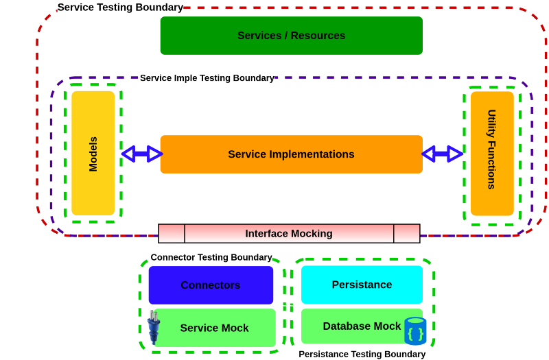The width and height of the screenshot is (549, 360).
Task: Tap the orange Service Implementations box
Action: coord(291,154)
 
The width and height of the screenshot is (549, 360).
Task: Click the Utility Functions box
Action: coord(491,153)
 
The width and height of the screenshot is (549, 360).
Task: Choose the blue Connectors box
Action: coord(211,285)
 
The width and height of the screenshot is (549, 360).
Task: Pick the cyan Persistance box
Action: coord(362,285)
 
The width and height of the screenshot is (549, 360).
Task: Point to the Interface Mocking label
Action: coord(289,234)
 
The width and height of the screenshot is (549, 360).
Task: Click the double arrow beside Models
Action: coord(141,154)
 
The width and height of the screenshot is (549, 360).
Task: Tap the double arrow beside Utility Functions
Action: coord(442,154)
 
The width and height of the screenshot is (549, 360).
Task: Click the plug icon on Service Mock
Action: coord(152,326)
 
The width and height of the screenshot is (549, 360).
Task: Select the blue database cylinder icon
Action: coord(415,331)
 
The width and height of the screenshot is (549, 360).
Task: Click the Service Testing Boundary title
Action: coord(120,8)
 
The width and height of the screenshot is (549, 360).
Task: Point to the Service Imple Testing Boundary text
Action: coord(207,78)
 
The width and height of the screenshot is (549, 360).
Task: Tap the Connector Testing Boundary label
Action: coord(211,257)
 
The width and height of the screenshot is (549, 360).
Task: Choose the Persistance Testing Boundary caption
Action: coord(362,354)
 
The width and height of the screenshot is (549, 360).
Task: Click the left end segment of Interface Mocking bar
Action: coord(172,234)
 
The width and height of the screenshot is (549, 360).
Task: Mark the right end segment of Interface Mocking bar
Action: coord(406,234)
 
